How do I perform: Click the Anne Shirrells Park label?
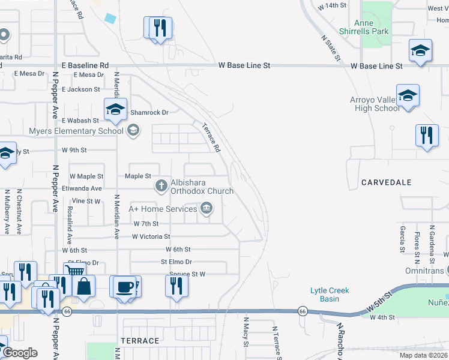pyautogui.click(x=372, y=27)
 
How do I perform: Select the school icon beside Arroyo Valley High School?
pyautogui.click(x=408, y=96)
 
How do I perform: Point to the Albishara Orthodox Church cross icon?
pyautogui.click(x=161, y=186)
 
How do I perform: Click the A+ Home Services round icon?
pyautogui.click(x=206, y=209)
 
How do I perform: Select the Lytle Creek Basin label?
pyautogui.click(x=329, y=295)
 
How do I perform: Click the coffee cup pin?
pyautogui.click(x=124, y=286)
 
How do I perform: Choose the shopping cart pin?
pyautogui.click(x=74, y=274)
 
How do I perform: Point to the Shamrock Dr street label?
pyautogui.click(x=149, y=112)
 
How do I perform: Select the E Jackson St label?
pyautogui.click(x=80, y=89)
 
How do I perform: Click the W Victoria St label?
pyautogui.click(x=151, y=237)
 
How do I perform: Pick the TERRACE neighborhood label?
pyautogui.click(x=140, y=341)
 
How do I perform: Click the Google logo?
pyautogui.click(x=20, y=353)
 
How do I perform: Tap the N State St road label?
pyautogui.click(x=329, y=47)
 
